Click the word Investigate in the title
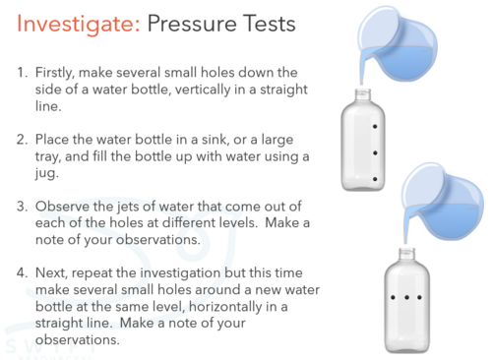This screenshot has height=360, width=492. [x=78, y=25]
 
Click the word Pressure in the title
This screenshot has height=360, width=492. [x=191, y=24]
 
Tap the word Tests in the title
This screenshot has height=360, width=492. [x=270, y=24]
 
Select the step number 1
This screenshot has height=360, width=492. [x=22, y=73]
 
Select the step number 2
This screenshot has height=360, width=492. [x=22, y=140]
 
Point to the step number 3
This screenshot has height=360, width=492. [x=22, y=207]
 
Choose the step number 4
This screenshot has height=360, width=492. [x=22, y=273]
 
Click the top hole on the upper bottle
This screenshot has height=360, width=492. [x=375, y=126]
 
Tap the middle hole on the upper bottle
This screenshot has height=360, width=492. [x=375, y=152]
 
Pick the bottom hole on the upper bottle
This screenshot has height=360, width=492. [x=375, y=179]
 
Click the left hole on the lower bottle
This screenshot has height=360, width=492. [x=393, y=298]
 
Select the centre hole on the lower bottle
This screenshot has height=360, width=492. [x=406, y=298]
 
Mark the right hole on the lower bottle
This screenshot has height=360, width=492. [x=419, y=298]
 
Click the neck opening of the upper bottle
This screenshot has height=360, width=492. [x=363, y=91]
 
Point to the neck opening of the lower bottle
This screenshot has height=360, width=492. [x=406, y=250]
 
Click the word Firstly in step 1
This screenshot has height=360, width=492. [x=55, y=73]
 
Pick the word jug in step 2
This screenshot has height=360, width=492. [x=46, y=173]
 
